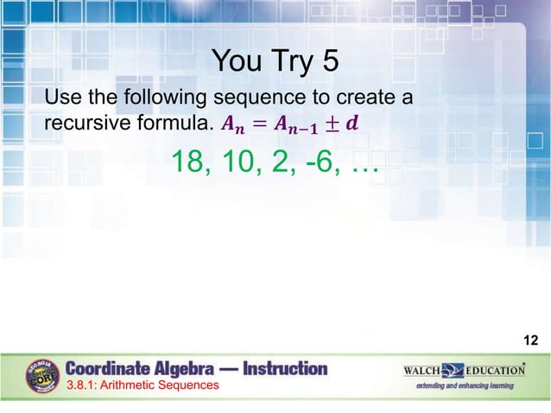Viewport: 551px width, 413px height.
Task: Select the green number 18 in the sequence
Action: tap(189, 162)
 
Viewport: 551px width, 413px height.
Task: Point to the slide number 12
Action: tap(531, 342)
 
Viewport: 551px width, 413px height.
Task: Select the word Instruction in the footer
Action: tap(285, 368)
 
